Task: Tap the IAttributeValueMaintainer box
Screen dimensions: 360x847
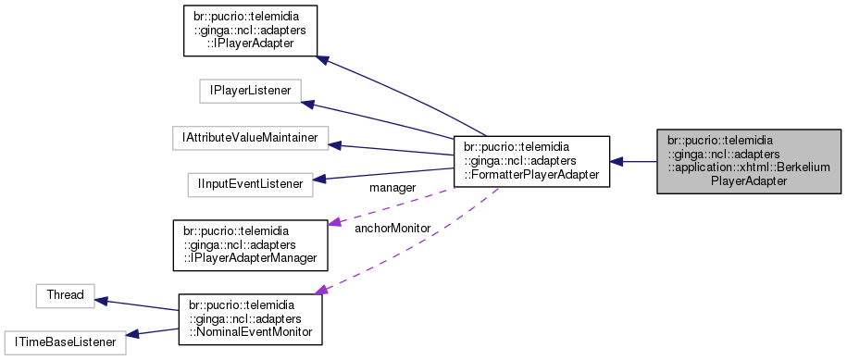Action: point(250,138)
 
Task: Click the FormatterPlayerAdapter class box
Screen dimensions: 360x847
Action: point(531,161)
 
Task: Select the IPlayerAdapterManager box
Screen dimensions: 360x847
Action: point(251,244)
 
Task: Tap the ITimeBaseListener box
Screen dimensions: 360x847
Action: point(64,341)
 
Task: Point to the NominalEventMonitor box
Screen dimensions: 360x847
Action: point(250,319)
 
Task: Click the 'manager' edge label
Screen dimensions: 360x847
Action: point(392,188)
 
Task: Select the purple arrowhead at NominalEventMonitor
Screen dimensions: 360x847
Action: point(321,291)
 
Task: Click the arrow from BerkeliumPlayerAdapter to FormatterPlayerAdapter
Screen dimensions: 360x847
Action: point(633,162)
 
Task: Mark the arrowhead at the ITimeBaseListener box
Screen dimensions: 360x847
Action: point(131,336)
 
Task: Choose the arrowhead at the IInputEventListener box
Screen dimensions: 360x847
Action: point(320,179)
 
